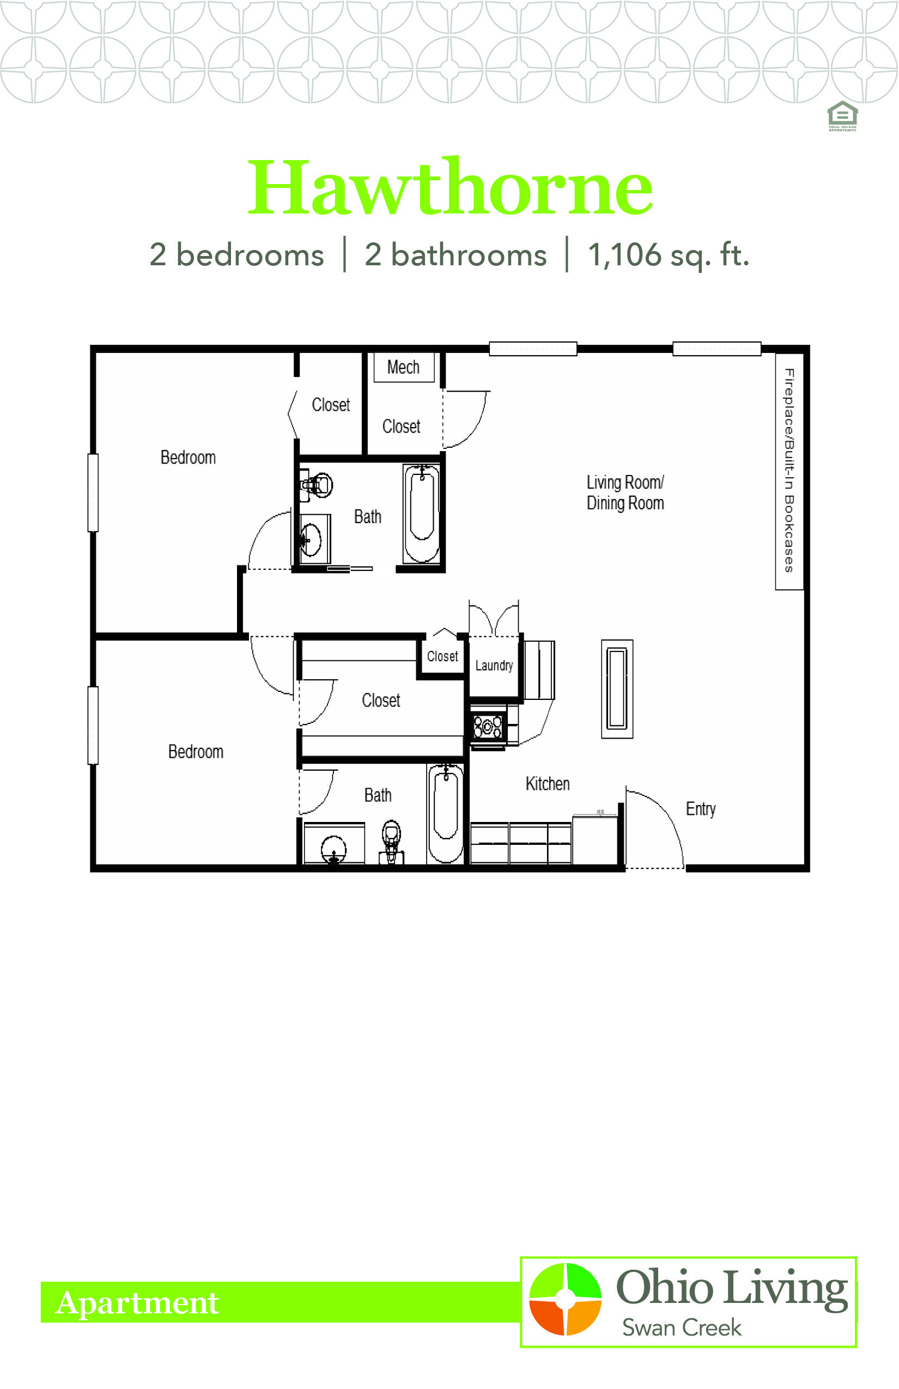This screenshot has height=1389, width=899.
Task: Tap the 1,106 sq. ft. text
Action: [x=669, y=255]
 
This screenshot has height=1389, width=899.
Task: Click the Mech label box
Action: [x=404, y=367]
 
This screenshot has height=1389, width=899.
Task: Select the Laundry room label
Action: [x=494, y=665]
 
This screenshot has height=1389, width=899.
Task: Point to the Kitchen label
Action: [x=548, y=784]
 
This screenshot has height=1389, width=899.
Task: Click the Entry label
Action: [x=701, y=809]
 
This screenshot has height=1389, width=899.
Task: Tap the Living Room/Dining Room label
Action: [x=625, y=492]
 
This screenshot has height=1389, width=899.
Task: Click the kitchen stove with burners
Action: [x=488, y=727]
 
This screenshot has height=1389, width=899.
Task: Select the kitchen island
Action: [x=617, y=689]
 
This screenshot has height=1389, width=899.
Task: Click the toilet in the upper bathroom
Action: [x=316, y=485]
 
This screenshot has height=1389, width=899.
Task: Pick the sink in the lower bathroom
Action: [x=334, y=849]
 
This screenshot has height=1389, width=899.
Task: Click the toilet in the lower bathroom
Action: [x=392, y=841]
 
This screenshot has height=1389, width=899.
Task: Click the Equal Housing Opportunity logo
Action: [x=842, y=116]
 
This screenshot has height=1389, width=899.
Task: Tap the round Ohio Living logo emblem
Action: [x=565, y=1299]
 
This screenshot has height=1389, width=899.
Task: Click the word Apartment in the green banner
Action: [x=137, y=1302]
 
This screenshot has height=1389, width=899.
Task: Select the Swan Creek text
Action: [x=681, y=1327]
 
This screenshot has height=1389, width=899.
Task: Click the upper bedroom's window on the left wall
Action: [x=93, y=492]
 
